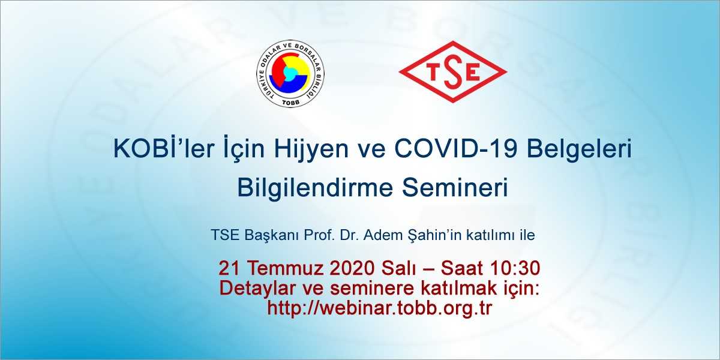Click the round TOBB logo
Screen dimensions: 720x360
[290, 74]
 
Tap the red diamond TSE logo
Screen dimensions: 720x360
[453, 71]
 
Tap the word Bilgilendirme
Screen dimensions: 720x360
[316, 188]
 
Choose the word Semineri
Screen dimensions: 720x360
[455, 188]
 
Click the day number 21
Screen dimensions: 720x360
[229, 268]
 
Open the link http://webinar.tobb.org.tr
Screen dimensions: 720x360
[380, 308]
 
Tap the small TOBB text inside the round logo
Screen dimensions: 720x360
[290, 102]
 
